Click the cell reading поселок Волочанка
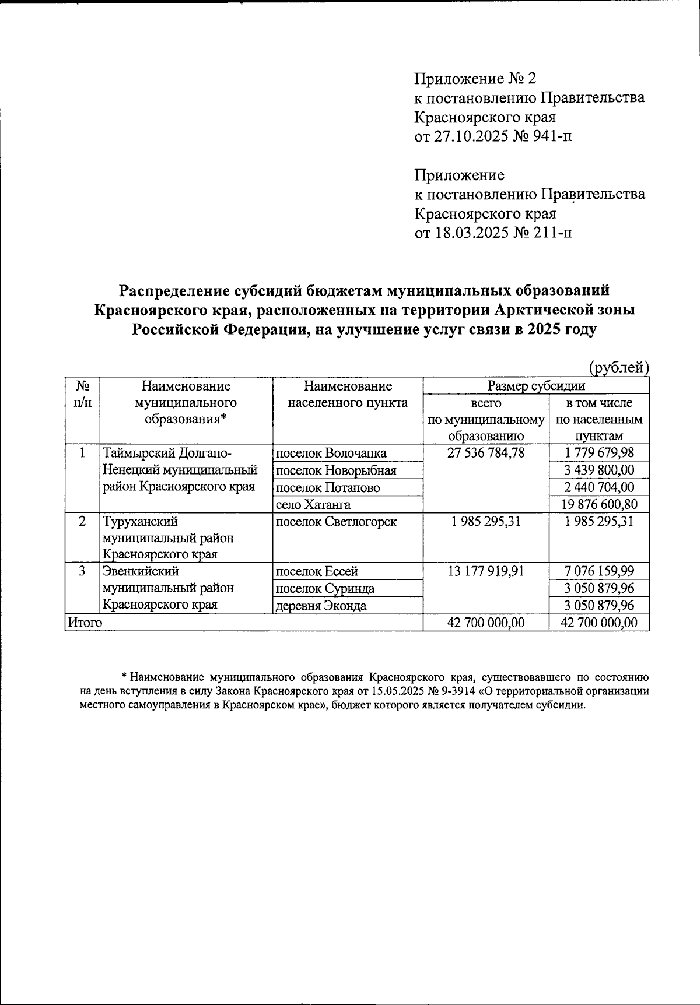(331, 453)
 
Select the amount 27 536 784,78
(485, 452)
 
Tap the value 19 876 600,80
(599, 504)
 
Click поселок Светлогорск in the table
(335, 521)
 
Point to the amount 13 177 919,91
(485, 571)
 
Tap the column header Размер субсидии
(536, 386)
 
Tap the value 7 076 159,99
(599, 571)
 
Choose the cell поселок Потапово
(327, 487)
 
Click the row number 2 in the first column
(83, 521)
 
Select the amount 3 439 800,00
(599, 470)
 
